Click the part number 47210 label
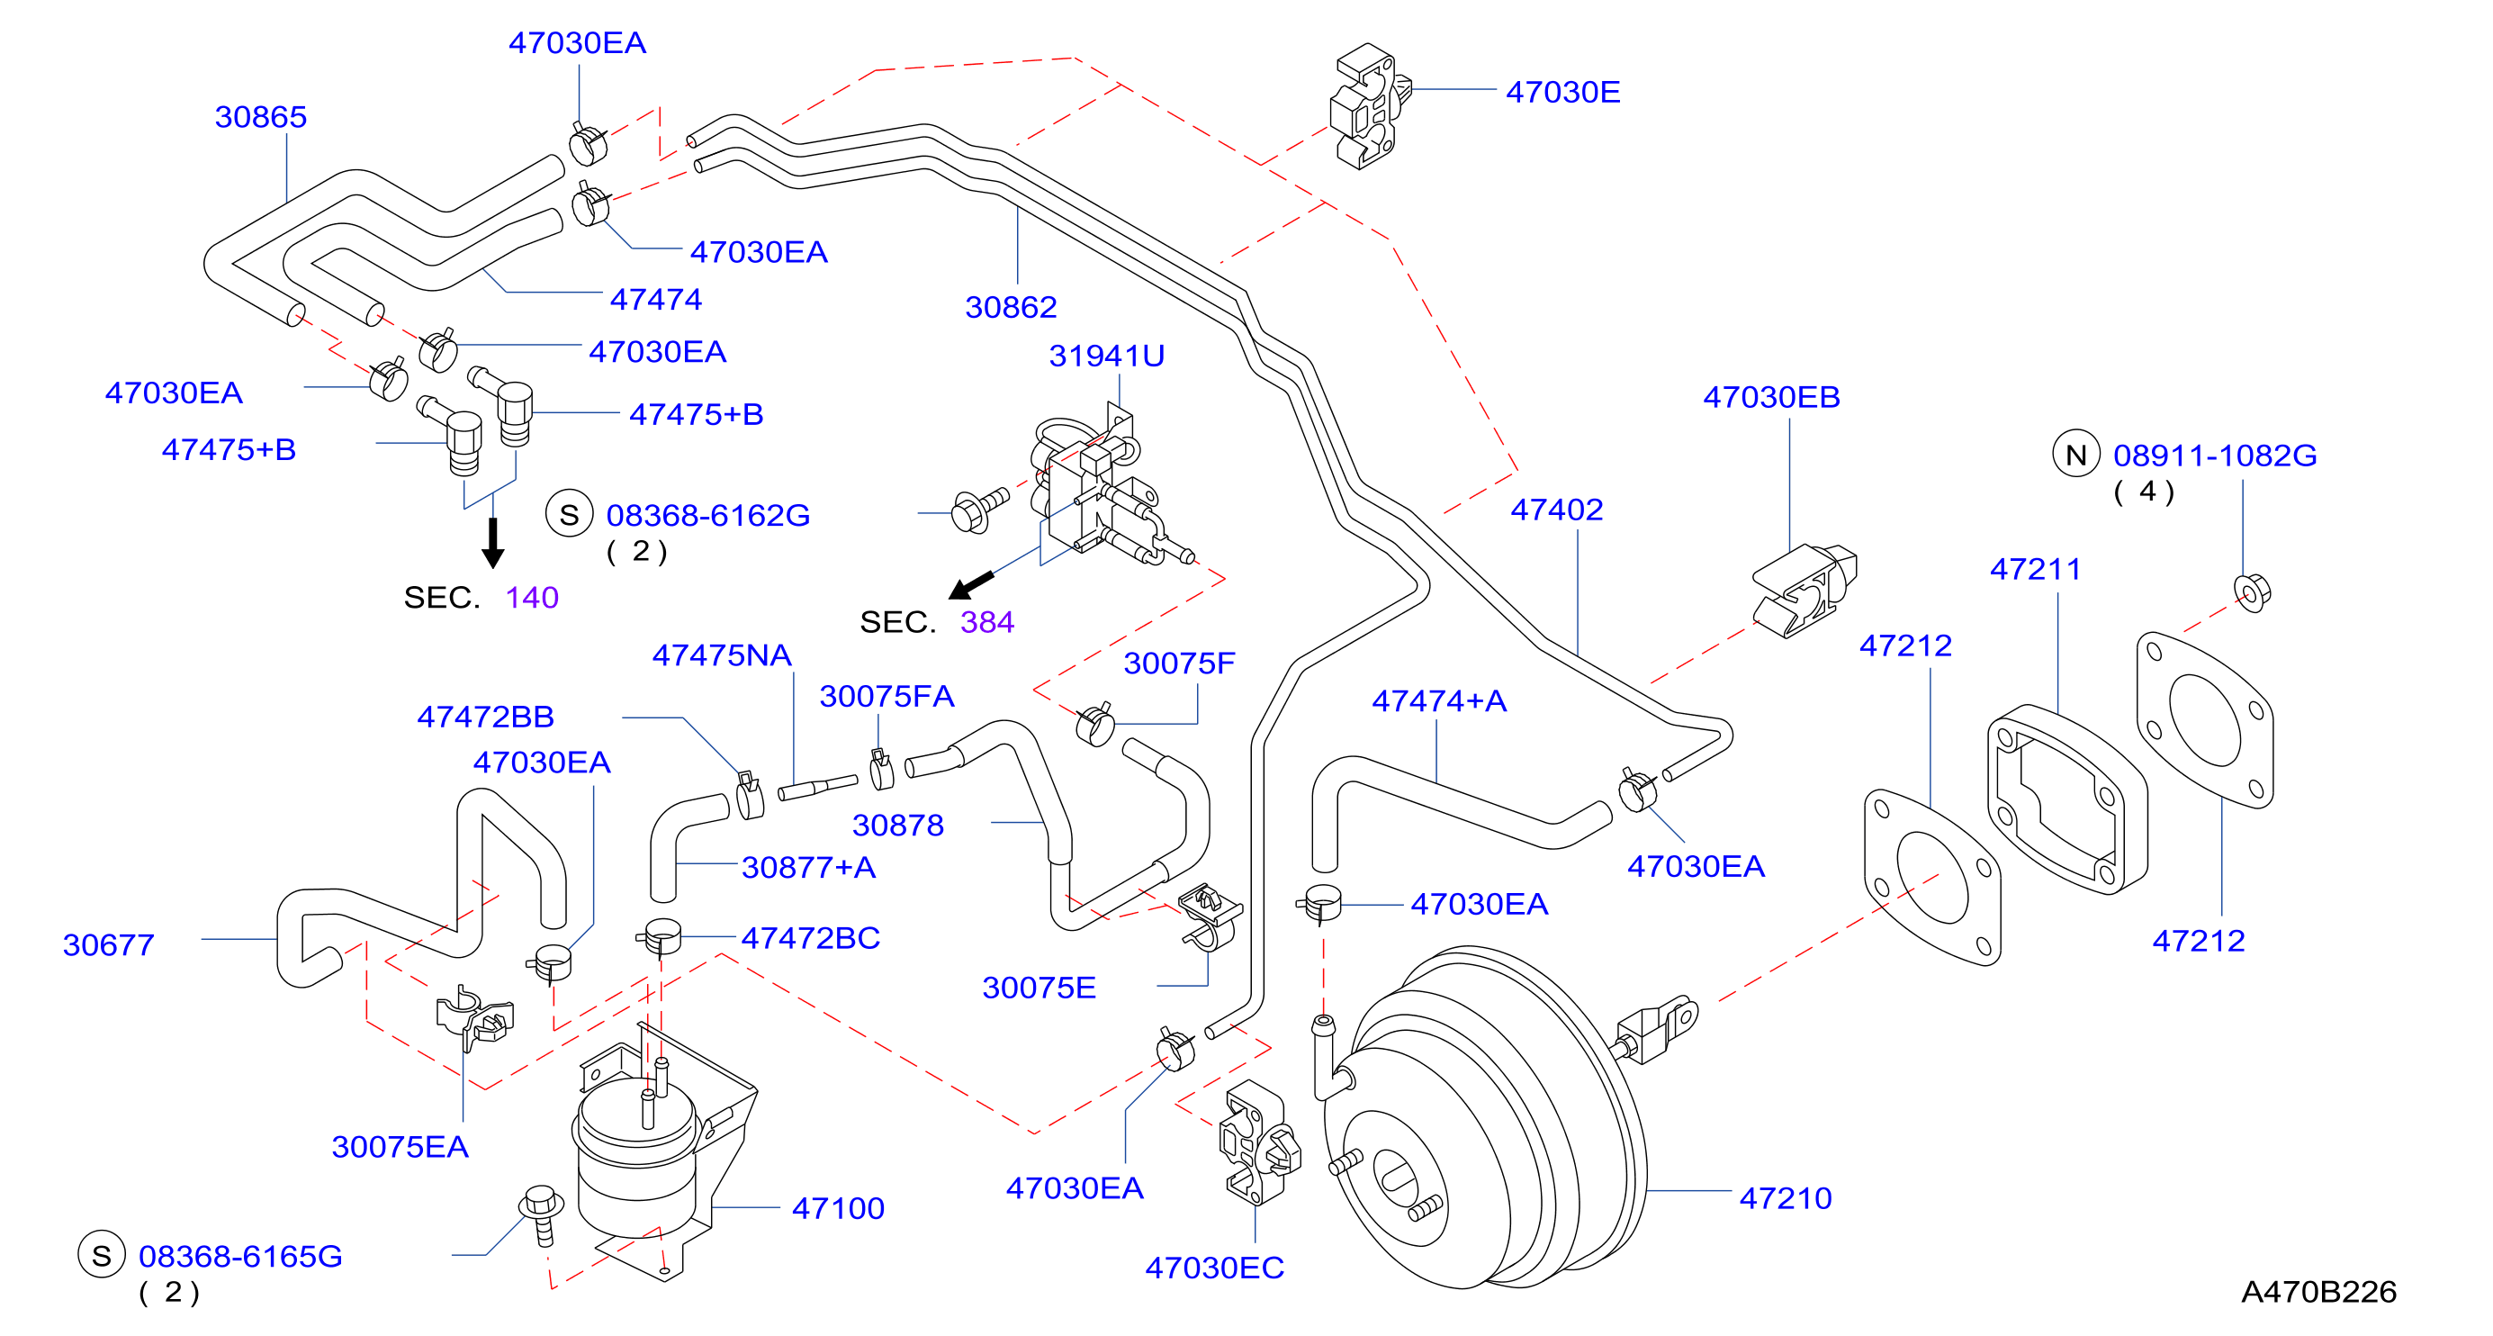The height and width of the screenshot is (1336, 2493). point(1785,1197)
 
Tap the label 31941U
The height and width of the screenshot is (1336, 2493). point(1106,356)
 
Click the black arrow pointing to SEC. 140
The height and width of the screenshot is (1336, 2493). point(492,542)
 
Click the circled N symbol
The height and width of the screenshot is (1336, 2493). point(2076,454)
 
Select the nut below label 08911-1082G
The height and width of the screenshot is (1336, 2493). point(2252,591)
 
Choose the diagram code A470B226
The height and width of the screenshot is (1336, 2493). point(2318,1292)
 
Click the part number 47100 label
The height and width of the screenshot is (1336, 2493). point(838,1207)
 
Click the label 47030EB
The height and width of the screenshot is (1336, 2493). point(1771,396)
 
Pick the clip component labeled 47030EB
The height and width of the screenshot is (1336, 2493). point(1804,590)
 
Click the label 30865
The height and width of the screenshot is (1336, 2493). point(260,116)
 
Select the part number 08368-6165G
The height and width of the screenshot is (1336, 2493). point(240,1256)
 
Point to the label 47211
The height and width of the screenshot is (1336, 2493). point(2035,568)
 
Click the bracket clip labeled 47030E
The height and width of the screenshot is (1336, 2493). point(1370,105)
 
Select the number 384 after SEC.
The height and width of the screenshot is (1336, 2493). point(987,621)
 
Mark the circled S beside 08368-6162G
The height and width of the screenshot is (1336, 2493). point(569,514)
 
